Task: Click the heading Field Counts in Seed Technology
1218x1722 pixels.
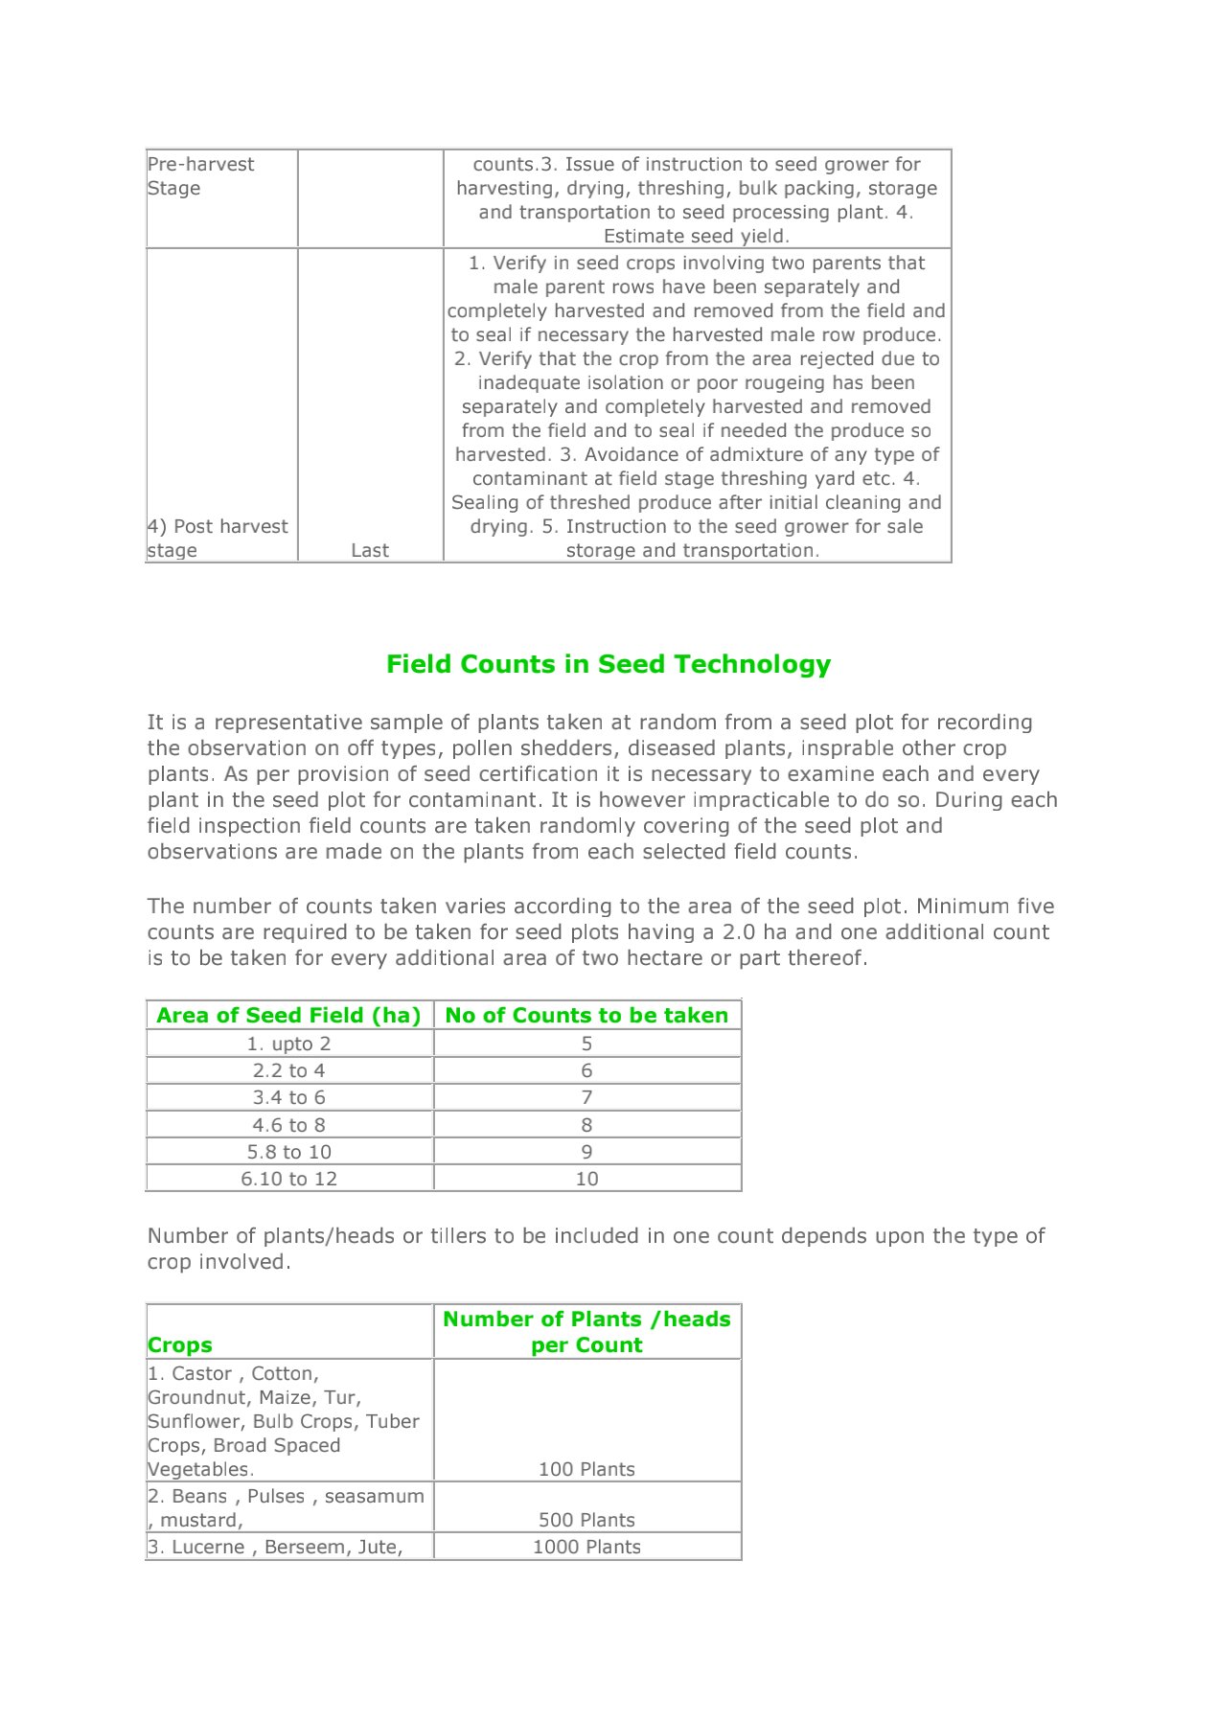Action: (x=609, y=664)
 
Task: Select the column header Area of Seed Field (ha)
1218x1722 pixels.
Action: (x=288, y=1016)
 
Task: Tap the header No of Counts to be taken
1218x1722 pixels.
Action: (x=586, y=1016)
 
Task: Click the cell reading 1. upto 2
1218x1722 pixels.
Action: (x=288, y=1044)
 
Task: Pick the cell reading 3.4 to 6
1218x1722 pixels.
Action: (x=288, y=1097)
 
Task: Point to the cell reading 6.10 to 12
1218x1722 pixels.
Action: (x=288, y=1179)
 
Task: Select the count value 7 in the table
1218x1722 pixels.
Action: (x=586, y=1097)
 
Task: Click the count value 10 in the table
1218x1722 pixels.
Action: (x=586, y=1179)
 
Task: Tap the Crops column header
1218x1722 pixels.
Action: (x=180, y=1344)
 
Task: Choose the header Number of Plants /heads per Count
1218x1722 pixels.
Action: (x=586, y=1332)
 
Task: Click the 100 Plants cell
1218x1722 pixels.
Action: (x=586, y=1469)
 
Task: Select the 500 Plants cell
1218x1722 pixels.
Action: (x=586, y=1520)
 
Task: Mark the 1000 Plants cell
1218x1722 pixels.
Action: (x=586, y=1547)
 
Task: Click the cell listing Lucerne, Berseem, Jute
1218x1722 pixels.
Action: (x=275, y=1547)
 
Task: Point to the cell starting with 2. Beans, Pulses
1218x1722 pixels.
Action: (x=286, y=1507)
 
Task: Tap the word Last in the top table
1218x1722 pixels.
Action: (x=370, y=550)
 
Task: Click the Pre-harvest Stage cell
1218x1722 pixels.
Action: (x=200, y=176)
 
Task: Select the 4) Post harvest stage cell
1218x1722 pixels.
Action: (x=218, y=539)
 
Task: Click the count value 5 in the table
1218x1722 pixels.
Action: (x=586, y=1044)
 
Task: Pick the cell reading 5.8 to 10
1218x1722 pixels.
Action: (x=288, y=1152)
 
